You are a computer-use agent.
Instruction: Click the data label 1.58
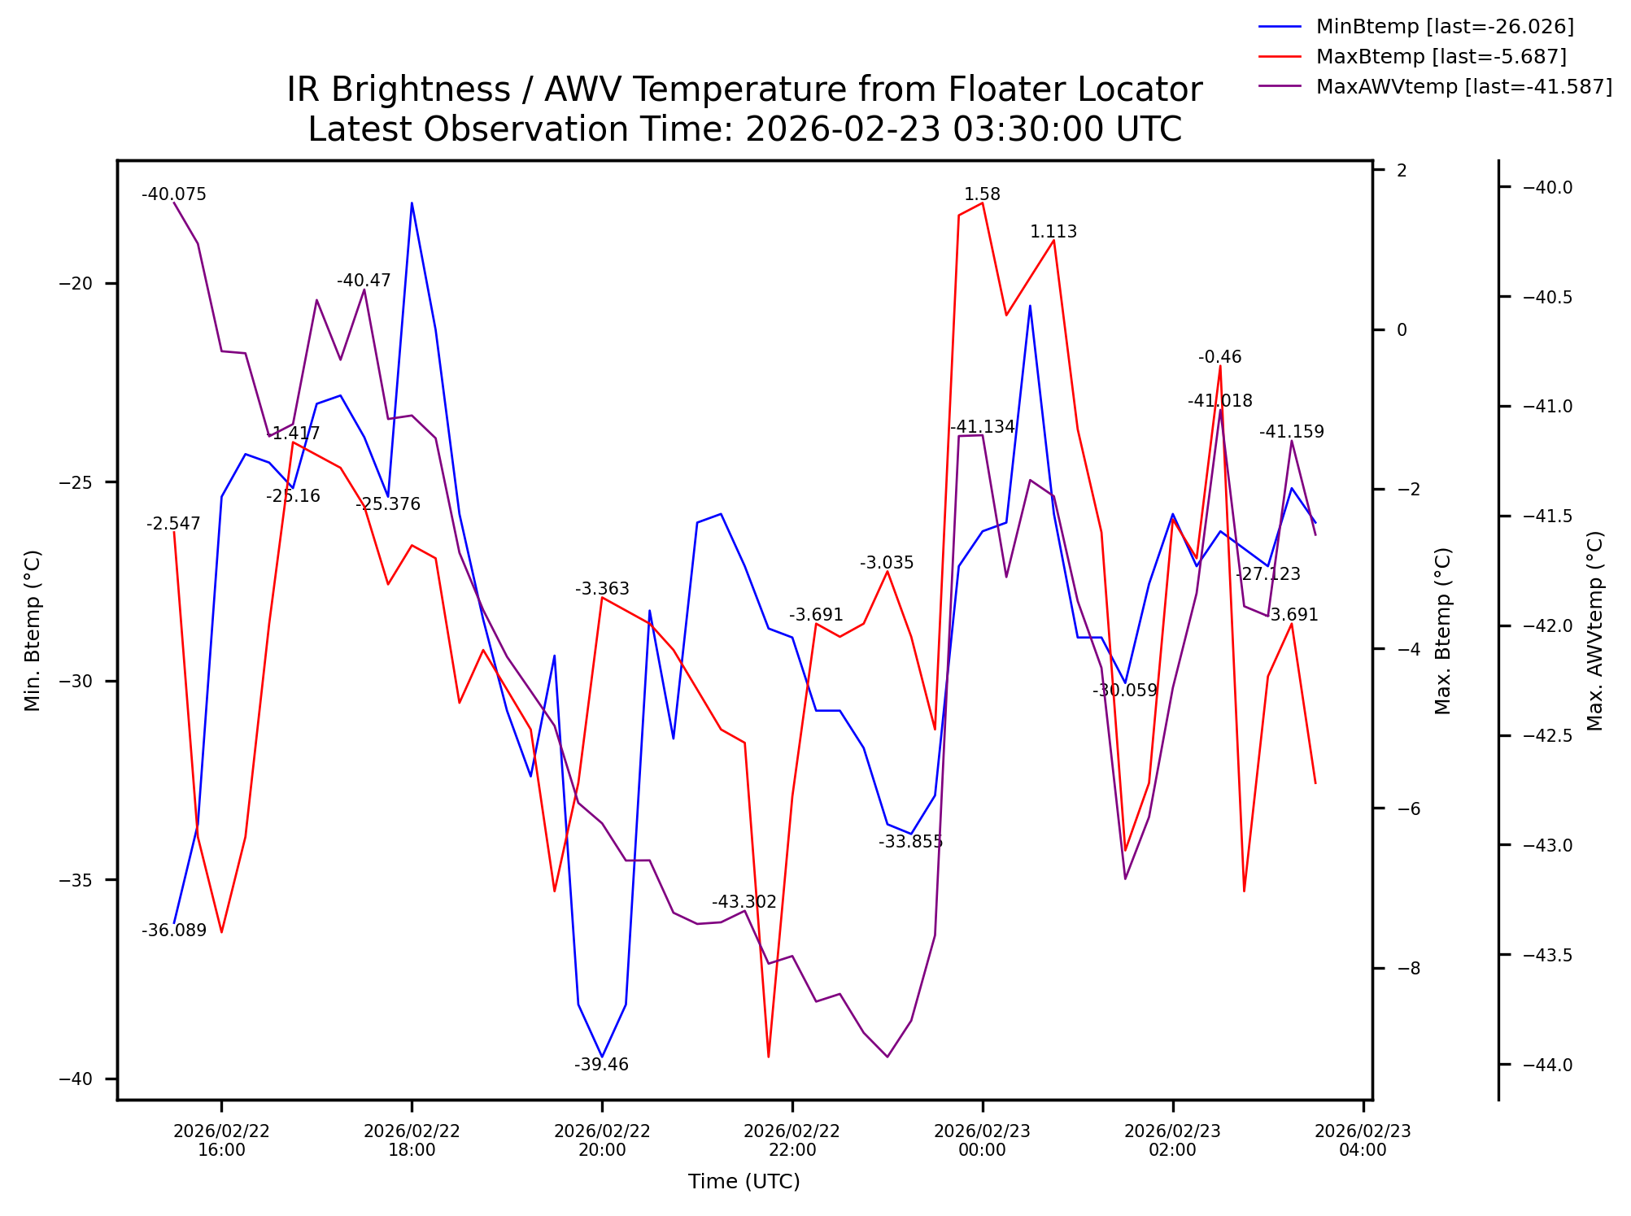[982, 194]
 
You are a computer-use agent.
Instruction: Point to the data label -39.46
[601, 1065]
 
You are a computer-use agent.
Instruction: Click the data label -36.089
[174, 931]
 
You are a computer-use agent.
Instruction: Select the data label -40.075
[174, 194]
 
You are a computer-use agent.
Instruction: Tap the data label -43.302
[744, 902]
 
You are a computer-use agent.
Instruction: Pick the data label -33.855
[910, 842]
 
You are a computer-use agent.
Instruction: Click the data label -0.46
[1219, 357]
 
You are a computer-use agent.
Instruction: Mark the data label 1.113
[1053, 232]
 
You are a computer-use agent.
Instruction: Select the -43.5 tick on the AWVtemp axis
[1547, 955]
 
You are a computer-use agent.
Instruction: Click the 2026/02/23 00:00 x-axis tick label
[982, 1140]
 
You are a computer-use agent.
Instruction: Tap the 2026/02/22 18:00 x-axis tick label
[412, 1140]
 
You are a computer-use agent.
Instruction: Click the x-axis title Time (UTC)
[744, 1182]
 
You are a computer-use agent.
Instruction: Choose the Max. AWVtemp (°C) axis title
[1595, 631]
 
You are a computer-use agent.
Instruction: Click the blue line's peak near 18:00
[412, 203]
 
